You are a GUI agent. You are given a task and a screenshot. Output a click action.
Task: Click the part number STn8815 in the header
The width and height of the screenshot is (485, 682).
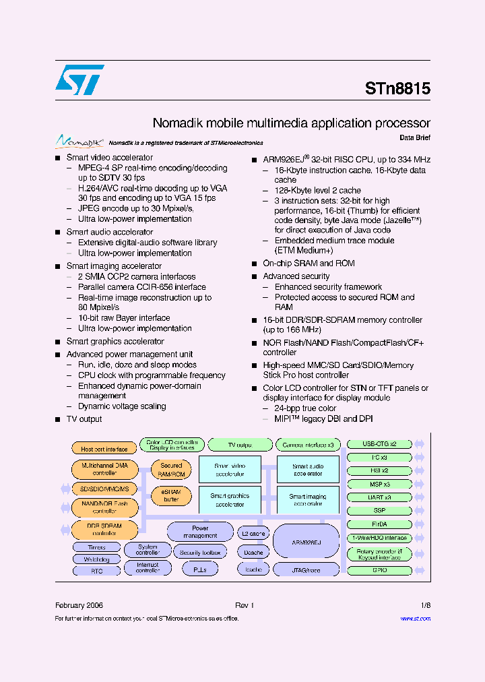tap(397, 88)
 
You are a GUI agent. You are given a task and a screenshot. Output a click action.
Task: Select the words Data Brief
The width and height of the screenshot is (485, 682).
tap(414, 137)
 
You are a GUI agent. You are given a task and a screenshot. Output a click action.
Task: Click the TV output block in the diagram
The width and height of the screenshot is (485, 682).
tap(239, 445)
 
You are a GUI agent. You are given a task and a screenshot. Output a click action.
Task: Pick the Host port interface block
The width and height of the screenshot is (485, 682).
tap(104, 449)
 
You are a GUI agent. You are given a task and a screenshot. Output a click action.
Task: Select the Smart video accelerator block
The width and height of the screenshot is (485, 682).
tap(230, 469)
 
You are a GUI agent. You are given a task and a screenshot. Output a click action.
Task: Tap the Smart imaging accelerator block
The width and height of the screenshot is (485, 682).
tap(308, 500)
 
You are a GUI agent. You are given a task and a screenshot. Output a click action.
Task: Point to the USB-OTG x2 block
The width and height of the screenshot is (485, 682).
tap(379, 444)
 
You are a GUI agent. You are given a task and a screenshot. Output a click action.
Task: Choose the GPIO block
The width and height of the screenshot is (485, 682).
tap(379, 570)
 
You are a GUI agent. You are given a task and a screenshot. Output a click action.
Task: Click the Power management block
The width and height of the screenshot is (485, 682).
tap(200, 532)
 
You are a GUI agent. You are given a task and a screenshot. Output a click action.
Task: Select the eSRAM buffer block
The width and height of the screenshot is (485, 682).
tap(171, 496)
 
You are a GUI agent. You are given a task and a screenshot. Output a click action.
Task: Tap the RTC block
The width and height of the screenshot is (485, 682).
tap(96, 570)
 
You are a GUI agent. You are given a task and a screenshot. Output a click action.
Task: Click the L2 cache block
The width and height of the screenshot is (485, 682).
tap(253, 534)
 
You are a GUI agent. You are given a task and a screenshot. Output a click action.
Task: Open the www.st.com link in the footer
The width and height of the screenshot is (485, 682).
tap(415, 618)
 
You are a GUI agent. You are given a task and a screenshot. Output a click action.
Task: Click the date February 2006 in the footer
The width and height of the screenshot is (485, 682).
tap(79, 605)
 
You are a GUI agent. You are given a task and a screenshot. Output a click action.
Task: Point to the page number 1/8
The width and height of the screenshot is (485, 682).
tap(425, 605)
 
